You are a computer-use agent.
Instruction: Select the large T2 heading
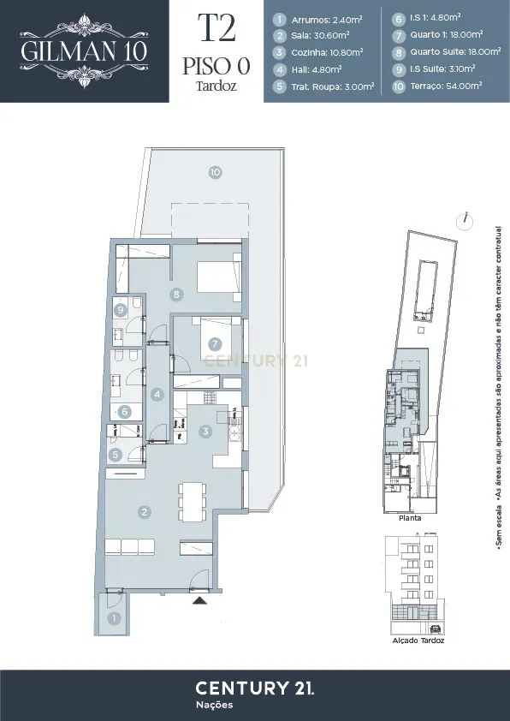tap(216, 29)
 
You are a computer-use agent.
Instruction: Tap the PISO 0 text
tap(216, 66)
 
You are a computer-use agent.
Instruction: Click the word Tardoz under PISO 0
tap(216, 86)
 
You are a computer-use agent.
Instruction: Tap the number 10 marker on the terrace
tap(215, 172)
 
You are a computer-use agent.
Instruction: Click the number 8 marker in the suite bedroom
tap(177, 295)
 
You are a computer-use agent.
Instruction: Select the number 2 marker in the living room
tap(145, 512)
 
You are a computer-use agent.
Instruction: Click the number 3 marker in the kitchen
tap(205, 432)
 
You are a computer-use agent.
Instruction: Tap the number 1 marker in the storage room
tap(112, 617)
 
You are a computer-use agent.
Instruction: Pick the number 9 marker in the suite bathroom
tap(122, 310)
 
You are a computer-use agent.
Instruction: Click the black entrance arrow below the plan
tap(199, 602)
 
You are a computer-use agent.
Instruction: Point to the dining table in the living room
tap(192, 501)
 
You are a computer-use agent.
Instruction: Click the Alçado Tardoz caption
tap(418, 641)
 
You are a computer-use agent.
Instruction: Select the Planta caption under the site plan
tap(410, 518)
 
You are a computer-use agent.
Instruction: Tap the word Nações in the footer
tap(214, 705)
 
